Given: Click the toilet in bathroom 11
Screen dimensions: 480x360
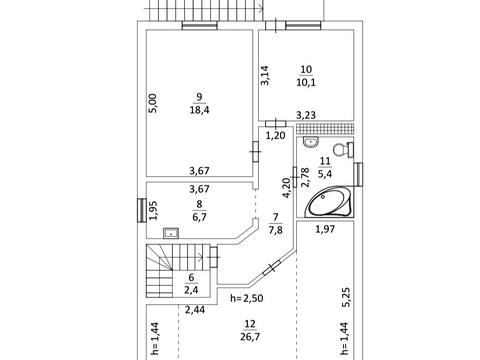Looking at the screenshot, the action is click(344, 150).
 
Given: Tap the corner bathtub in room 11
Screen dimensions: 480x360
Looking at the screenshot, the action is click(329, 202).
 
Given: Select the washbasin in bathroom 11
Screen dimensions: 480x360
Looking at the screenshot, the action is click(311, 142).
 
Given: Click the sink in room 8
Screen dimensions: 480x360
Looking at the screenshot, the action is click(171, 233).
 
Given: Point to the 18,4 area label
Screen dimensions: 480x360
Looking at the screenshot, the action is click(199, 110).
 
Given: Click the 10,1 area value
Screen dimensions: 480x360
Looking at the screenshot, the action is click(306, 82).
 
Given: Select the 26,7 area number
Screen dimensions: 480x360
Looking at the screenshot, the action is click(250, 337).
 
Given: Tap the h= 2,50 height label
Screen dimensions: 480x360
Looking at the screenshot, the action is click(247, 298).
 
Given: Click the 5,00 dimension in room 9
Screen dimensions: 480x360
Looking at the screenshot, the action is click(152, 103).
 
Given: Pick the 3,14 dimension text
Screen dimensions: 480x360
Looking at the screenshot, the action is click(265, 76).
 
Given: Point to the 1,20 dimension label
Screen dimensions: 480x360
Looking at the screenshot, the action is click(276, 136).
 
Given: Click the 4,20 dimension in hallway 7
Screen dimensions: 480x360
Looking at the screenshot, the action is click(287, 188).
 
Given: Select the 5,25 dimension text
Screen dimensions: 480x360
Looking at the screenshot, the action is click(346, 297).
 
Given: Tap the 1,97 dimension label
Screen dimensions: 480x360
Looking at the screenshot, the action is click(325, 229).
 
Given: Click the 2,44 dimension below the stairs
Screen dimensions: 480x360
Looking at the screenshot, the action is click(195, 310).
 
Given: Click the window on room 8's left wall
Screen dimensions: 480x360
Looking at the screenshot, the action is click(142, 210).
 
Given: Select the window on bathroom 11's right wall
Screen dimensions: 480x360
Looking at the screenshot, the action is click(358, 174).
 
